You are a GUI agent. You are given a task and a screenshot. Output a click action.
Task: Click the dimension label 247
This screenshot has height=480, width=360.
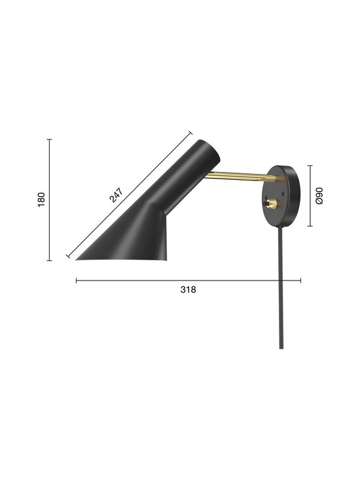(116, 196)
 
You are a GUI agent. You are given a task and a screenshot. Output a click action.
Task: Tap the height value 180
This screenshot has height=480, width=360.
(41, 199)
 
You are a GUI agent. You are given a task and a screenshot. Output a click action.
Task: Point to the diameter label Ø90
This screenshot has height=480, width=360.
(319, 196)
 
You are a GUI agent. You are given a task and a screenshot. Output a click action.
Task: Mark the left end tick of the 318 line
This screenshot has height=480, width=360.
(77, 281)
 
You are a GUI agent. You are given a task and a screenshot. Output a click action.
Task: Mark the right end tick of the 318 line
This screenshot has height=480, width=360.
(300, 281)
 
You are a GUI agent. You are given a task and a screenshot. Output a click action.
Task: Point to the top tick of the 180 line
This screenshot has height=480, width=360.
(50, 139)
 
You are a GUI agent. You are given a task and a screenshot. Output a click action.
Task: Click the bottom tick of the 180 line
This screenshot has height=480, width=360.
(50, 260)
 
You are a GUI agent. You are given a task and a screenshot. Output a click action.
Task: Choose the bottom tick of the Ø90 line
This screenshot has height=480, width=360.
(310, 226)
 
